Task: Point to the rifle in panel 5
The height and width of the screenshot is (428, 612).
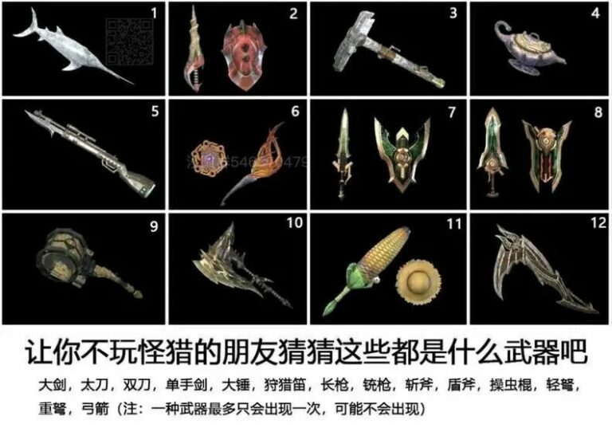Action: tap(88, 152)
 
